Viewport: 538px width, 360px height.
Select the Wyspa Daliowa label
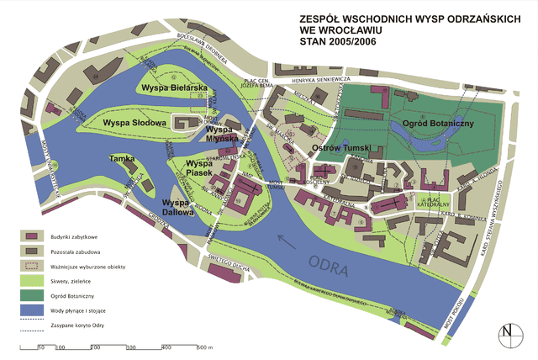pyautogui.click(x=177, y=207)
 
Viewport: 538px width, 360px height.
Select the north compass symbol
pyautogui.click(x=507, y=333)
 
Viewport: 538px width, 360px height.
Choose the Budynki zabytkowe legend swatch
pyautogui.click(x=33, y=237)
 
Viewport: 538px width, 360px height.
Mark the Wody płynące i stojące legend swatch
pyautogui.click(x=33, y=309)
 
